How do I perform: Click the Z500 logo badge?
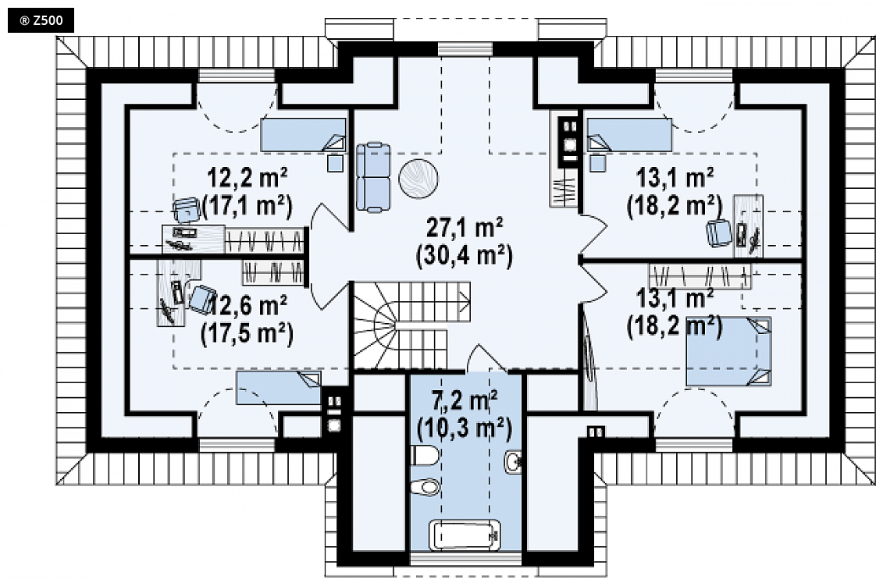(x=41, y=21)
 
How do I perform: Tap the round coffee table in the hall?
(x=418, y=179)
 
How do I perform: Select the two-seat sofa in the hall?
(x=373, y=178)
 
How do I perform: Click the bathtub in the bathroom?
(x=465, y=535)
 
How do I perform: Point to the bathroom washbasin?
(x=514, y=462)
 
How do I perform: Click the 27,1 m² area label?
(x=465, y=228)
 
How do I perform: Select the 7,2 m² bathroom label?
(x=465, y=400)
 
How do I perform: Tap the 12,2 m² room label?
(x=247, y=178)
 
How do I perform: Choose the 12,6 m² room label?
(x=248, y=305)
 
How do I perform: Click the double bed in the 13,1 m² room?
(x=728, y=352)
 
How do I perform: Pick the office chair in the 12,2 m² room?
(x=187, y=210)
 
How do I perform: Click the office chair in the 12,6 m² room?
(x=201, y=299)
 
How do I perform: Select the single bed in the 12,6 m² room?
(x=278, y=388)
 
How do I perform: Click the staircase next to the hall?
(x=411, y=325)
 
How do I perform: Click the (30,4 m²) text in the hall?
(x=465, y=256)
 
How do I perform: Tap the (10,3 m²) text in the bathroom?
(x=465, y=428)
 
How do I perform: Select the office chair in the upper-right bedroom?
(x=719, y=233)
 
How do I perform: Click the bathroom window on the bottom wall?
(x=466, y=559)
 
